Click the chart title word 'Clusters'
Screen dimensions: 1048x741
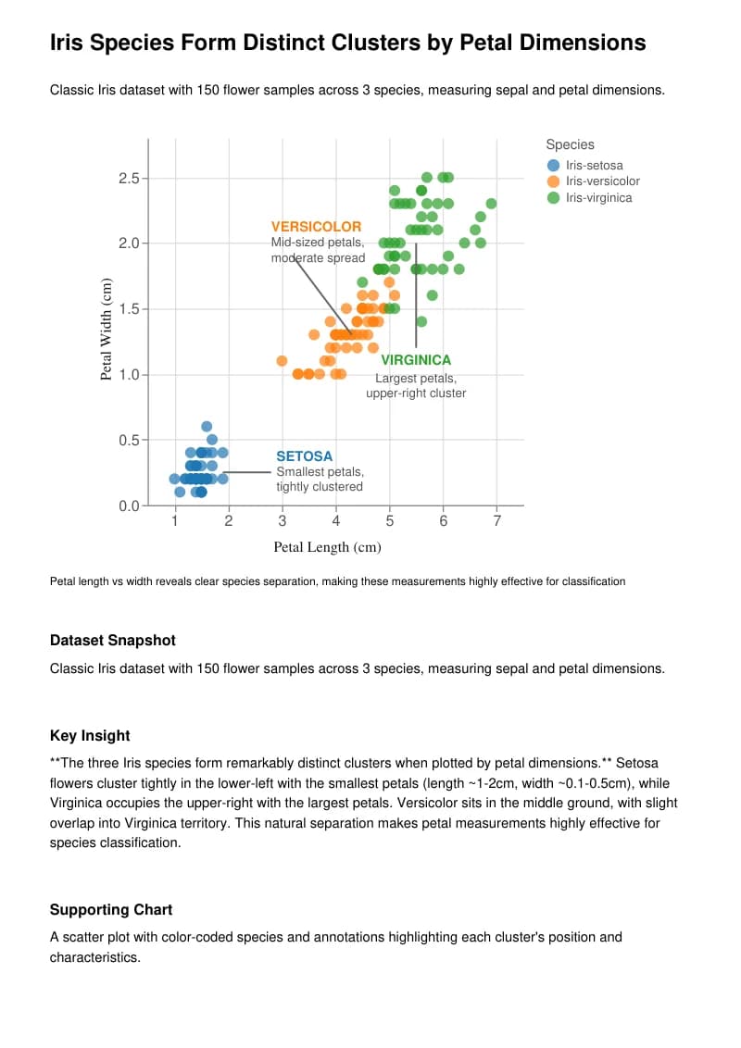tap(359, 43)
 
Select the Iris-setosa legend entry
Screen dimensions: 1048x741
tap(594, 166)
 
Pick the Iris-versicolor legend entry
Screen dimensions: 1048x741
tap(602, 181)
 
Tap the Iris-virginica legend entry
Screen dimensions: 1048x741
tap(598, 197)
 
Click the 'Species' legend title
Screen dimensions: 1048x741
tap(570, 144)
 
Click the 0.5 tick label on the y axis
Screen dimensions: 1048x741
tap(128, 440)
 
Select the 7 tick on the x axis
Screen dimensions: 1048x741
tap(496, 521)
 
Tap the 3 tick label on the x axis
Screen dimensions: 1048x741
tap(283, 521)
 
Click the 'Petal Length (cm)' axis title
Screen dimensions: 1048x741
tap(327, 547)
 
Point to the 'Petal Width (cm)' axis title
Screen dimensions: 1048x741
tap(107, 329)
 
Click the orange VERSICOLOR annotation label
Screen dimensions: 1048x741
tap(316, 227)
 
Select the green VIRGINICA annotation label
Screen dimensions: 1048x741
tap(416, 360)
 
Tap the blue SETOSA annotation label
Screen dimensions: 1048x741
tap(304, 456)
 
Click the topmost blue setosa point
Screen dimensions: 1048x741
tap(207, 427)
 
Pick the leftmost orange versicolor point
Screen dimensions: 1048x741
tap(282, 361)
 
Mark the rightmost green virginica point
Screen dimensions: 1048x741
tap(491, 204)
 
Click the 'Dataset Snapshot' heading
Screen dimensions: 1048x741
tap(112, 641)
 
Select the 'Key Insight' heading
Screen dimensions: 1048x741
tap(90, 736)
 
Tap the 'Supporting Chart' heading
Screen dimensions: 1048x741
tap(111, 910)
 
